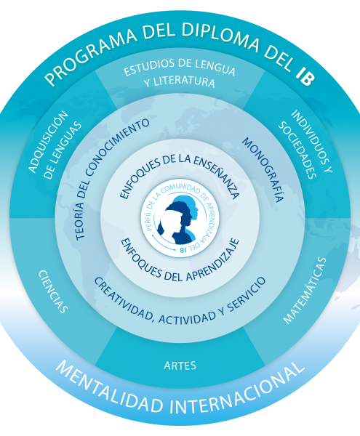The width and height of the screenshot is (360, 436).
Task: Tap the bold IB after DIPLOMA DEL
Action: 305,76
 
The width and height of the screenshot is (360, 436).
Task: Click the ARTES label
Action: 180,365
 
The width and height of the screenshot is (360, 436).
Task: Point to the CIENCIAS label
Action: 53,291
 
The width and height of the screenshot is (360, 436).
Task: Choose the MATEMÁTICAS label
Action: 305,290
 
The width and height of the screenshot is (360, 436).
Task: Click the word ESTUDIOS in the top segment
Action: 149,67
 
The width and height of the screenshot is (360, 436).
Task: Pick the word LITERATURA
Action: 184,82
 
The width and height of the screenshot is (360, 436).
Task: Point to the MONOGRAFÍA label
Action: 263,169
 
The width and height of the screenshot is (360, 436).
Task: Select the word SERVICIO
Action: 246,295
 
